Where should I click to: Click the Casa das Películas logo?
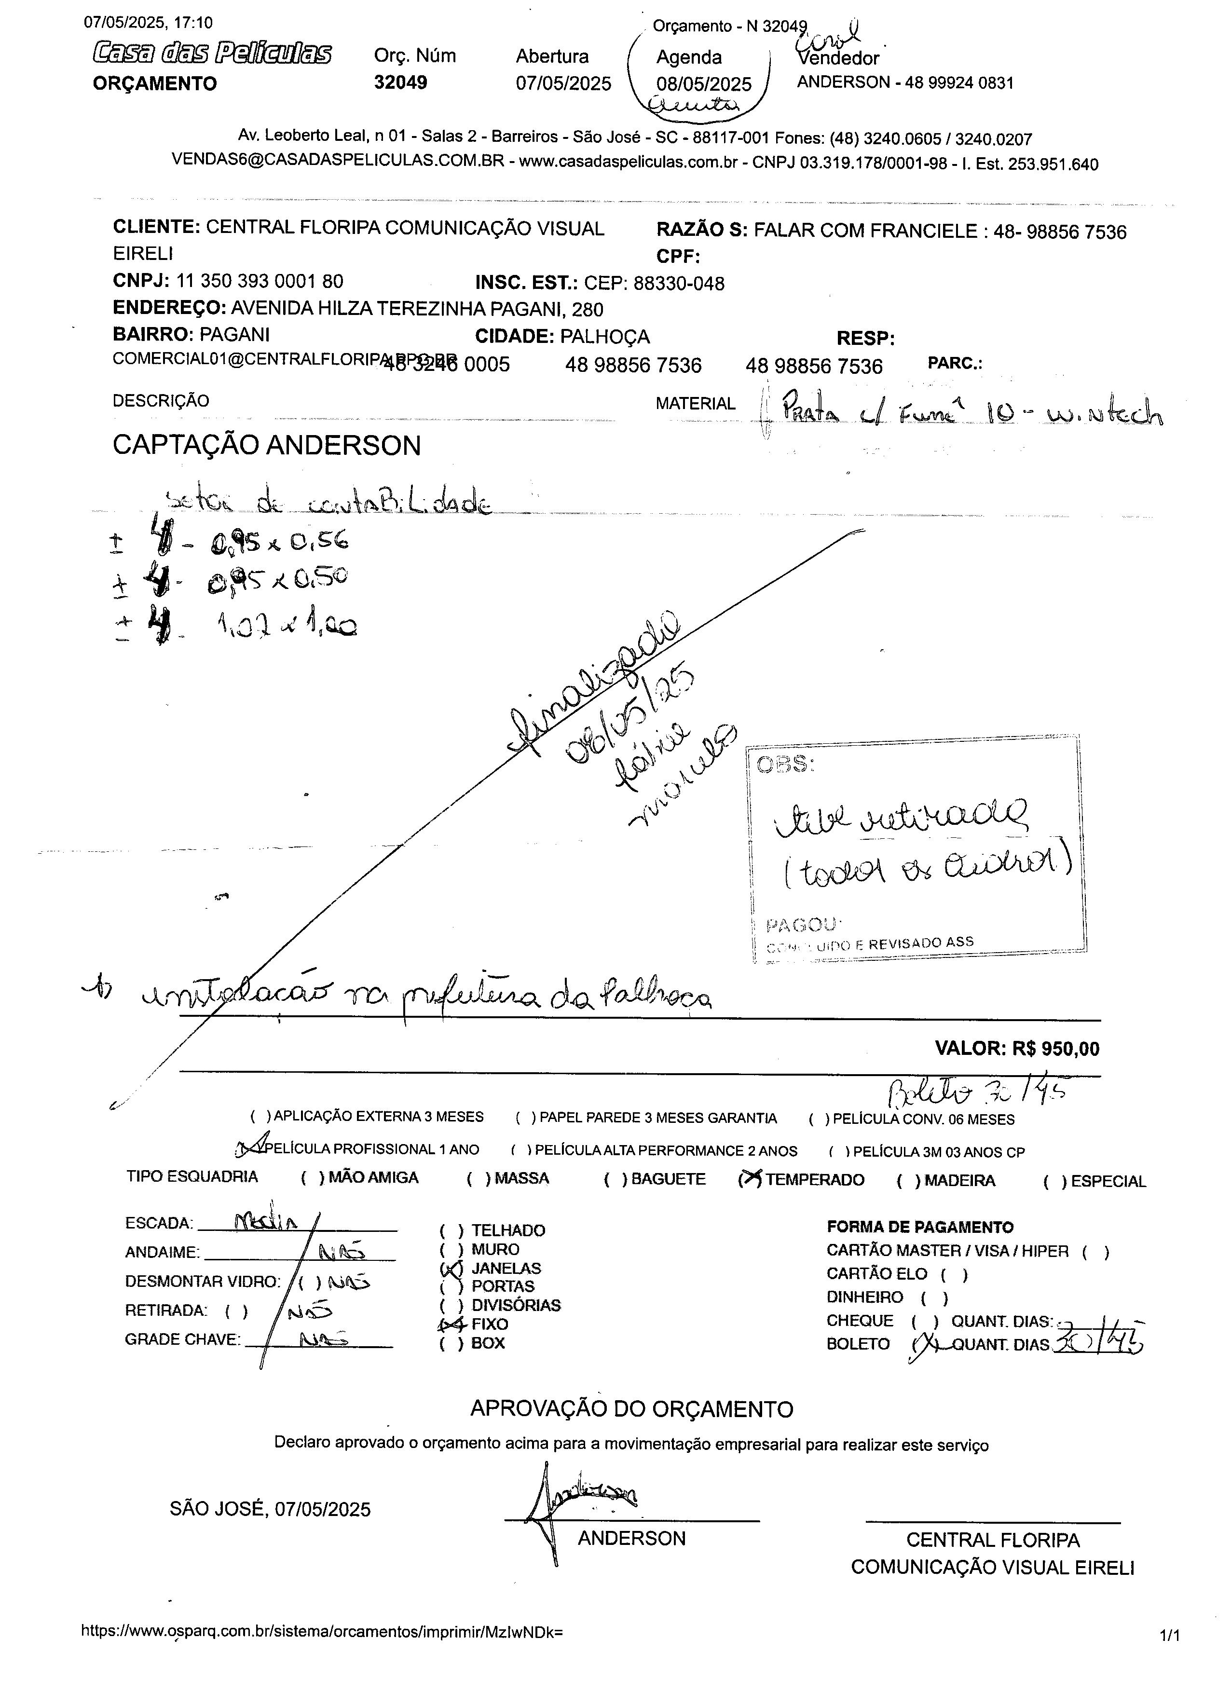click(212, 54)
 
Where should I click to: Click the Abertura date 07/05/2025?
click(563, 83)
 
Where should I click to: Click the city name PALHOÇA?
click(605, 337)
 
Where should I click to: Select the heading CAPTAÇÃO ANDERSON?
click(266, 446)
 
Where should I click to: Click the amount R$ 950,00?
click(1055, 1049)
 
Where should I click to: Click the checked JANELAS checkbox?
click(451, 1268)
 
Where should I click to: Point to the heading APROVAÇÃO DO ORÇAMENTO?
click(631, 1409)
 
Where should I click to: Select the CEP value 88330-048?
click(679, 284)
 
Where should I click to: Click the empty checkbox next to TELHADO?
click(451, 1230)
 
